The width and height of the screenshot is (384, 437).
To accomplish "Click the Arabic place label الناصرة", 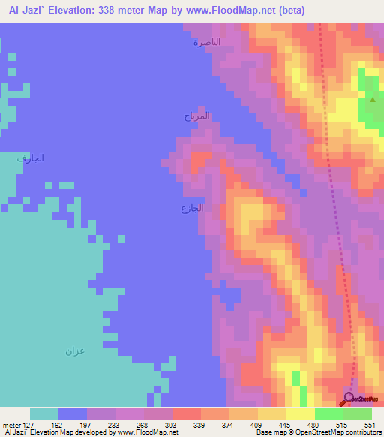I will tap(207, 43).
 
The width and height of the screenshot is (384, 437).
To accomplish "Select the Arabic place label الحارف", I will tap(31, 158).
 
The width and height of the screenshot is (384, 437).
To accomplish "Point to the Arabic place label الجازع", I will tap(192, 208).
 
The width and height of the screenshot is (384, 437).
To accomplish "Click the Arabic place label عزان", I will tap(73, 351).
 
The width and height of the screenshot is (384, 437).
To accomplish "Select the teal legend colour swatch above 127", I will tap(44, 414).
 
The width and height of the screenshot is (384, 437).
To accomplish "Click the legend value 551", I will tap(368, 424).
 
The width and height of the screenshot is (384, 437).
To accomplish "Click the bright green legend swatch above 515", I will tap(329, 414).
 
